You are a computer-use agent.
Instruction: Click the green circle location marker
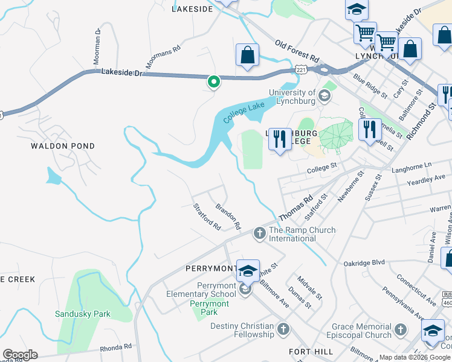point(213,81)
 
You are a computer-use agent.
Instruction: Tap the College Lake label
point(244,112)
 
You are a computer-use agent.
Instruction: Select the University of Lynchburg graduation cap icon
point(324,95)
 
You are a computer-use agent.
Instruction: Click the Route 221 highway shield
point(301,70)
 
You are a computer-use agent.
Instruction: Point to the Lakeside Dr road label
point(121,72)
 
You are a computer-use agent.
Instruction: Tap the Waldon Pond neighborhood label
point(63,146)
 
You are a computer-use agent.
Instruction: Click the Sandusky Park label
point(83,314)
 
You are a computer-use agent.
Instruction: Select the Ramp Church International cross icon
point(260,233)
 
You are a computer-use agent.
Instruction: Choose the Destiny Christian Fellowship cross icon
point(283,329)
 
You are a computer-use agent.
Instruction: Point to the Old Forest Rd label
point(297,52)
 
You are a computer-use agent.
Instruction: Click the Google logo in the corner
point(20,354)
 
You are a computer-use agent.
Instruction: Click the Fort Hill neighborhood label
point(310,352)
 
